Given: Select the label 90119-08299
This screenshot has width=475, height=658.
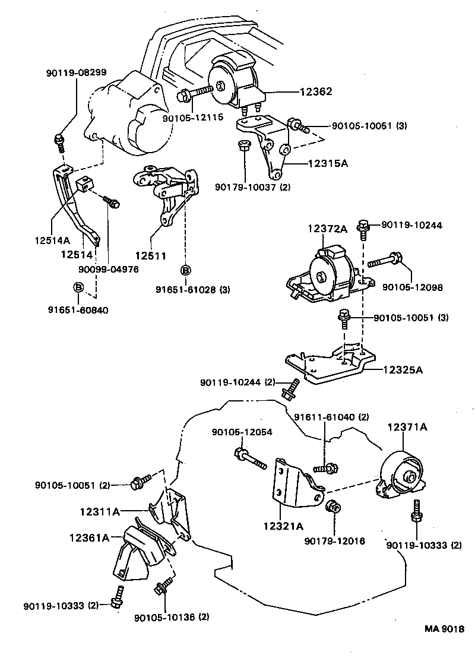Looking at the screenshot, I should tap(76, 73).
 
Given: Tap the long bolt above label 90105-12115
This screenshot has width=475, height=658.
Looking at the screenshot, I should tap(194, 93).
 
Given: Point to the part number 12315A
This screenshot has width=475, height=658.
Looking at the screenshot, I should tap(328, 163).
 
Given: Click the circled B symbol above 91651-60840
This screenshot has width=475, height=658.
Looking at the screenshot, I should tap(78, 287).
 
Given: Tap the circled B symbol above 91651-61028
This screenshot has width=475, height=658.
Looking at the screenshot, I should tap(185, 270).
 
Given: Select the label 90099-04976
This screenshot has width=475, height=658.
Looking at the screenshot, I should tap(109, 268).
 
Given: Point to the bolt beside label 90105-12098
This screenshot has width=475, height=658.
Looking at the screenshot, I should tap(386, 260).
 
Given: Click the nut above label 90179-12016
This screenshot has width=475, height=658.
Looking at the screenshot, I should tap(332, 507).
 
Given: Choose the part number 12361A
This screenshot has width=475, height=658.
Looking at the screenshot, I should tap(90, 537).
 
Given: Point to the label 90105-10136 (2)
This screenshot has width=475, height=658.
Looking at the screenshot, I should tap(172, 617).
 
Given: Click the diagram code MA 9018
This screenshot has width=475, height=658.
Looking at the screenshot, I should tap(443, 629).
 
